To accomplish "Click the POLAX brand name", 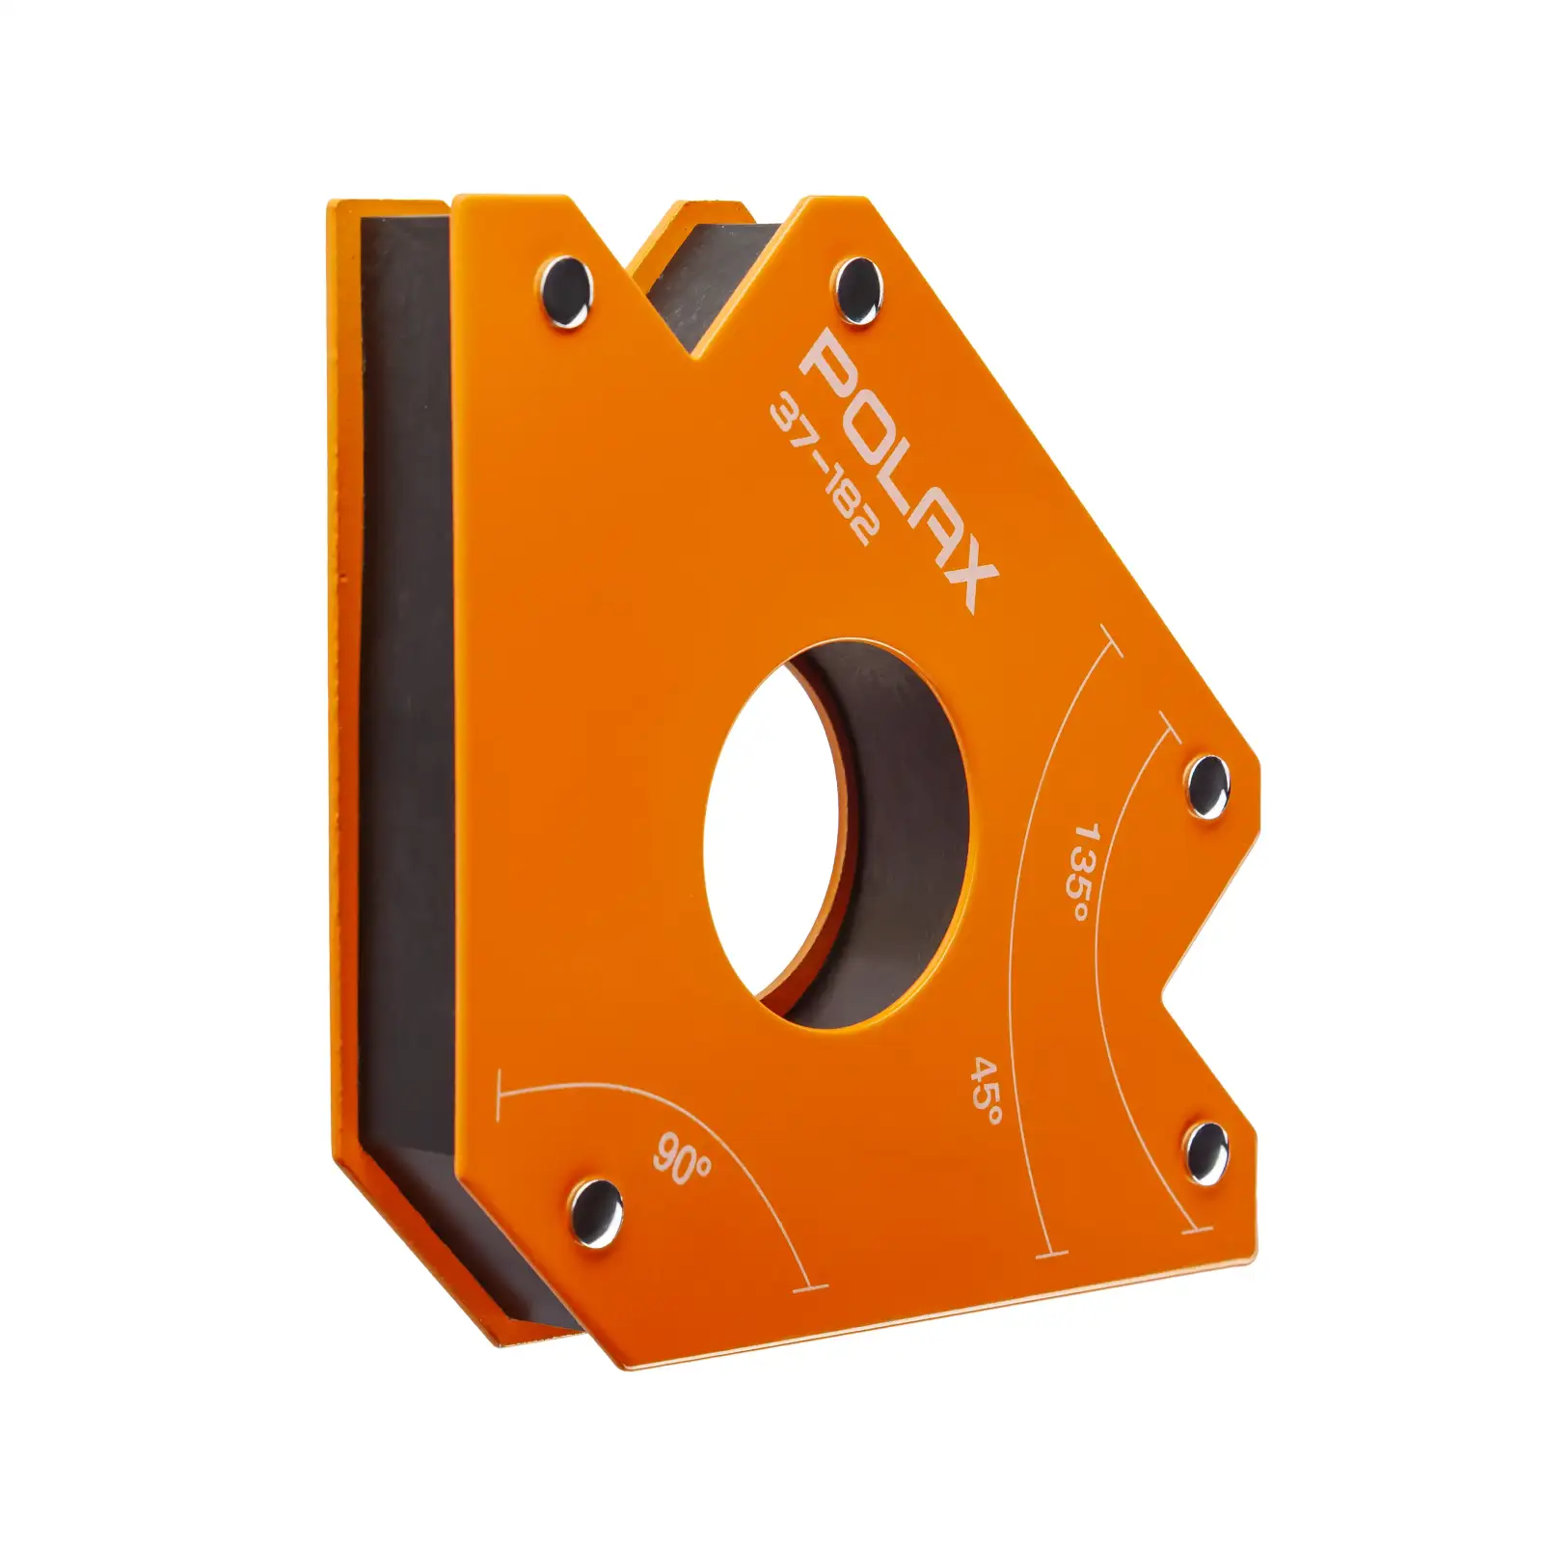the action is coord(899,470).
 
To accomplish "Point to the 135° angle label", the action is coord(1083,871).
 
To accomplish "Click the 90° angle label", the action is coord(683,1158).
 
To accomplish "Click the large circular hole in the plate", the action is coord(836,833).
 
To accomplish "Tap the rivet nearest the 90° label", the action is coord(595,1212).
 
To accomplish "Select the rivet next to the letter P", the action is coord(857,289).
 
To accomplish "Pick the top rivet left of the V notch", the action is coord(565,291).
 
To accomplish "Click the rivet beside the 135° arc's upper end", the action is coord(1206,786).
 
